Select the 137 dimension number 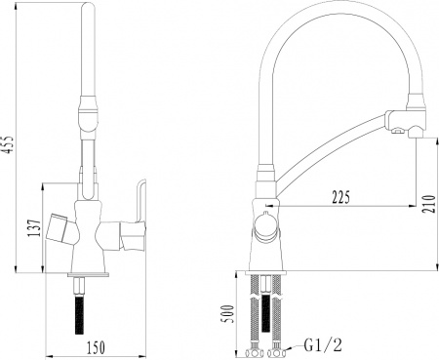click(34, 228)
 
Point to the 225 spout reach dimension click(339, 194)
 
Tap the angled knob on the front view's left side click(64, 229)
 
